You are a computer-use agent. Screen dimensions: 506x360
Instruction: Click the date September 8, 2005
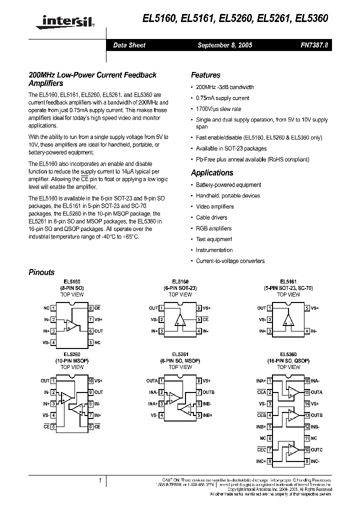coord(225,45)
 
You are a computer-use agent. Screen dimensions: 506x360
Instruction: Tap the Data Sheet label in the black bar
coord(129,45)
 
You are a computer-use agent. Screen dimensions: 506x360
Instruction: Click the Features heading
coord(205,75)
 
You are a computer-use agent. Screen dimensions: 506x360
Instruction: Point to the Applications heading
coord(212,173)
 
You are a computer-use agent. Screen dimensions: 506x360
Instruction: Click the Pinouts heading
coord(41,272)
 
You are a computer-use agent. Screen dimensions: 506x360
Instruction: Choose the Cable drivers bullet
coord(211,217)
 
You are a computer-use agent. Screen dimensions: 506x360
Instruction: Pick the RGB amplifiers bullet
coord(213,228)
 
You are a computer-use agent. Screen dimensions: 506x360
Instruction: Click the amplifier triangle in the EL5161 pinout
coord(288,320)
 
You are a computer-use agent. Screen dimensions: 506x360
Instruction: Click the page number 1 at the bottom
coord(100,480)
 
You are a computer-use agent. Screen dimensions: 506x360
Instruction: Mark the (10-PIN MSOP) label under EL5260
coord(72,360)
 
